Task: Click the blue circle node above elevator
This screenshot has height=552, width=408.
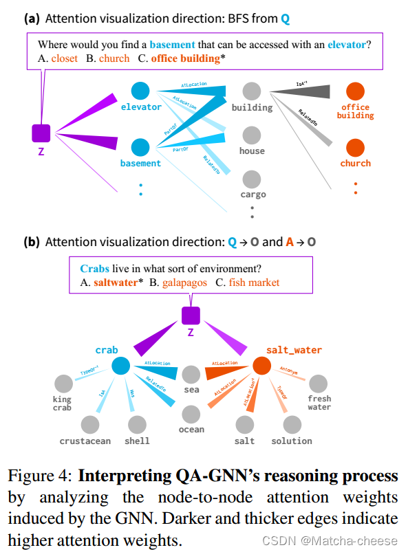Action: click(x=140, y=90)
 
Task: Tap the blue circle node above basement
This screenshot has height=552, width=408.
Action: click(x=140, y=146)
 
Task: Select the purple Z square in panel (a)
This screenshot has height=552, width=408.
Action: click(x=41, y=133)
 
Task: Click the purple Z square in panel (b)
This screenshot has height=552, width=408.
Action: click(x=191, y=316)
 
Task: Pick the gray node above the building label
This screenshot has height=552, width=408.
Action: click(x=252, y=90)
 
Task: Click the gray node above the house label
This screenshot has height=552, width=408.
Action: click(x=252, y=134)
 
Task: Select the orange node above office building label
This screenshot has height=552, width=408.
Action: click(x=355, y=90)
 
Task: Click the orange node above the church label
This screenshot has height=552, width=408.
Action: click(x=355, y=146)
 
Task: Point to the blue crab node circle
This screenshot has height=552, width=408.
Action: click(x=121, y=366)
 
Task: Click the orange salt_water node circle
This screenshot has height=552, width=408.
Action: click(x=261, y=366)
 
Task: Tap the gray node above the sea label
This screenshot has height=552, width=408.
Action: click(x=191, y=374)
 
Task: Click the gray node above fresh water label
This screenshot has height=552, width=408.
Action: click(x=318, y=384)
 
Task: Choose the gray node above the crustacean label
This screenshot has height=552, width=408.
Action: click(x=90, y=425)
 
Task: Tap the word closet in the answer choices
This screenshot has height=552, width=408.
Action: click(x=64, y=58)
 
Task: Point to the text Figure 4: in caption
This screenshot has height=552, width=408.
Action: click(x=40, y=476)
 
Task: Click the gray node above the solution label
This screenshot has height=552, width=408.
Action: click(x=292, y=425)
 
